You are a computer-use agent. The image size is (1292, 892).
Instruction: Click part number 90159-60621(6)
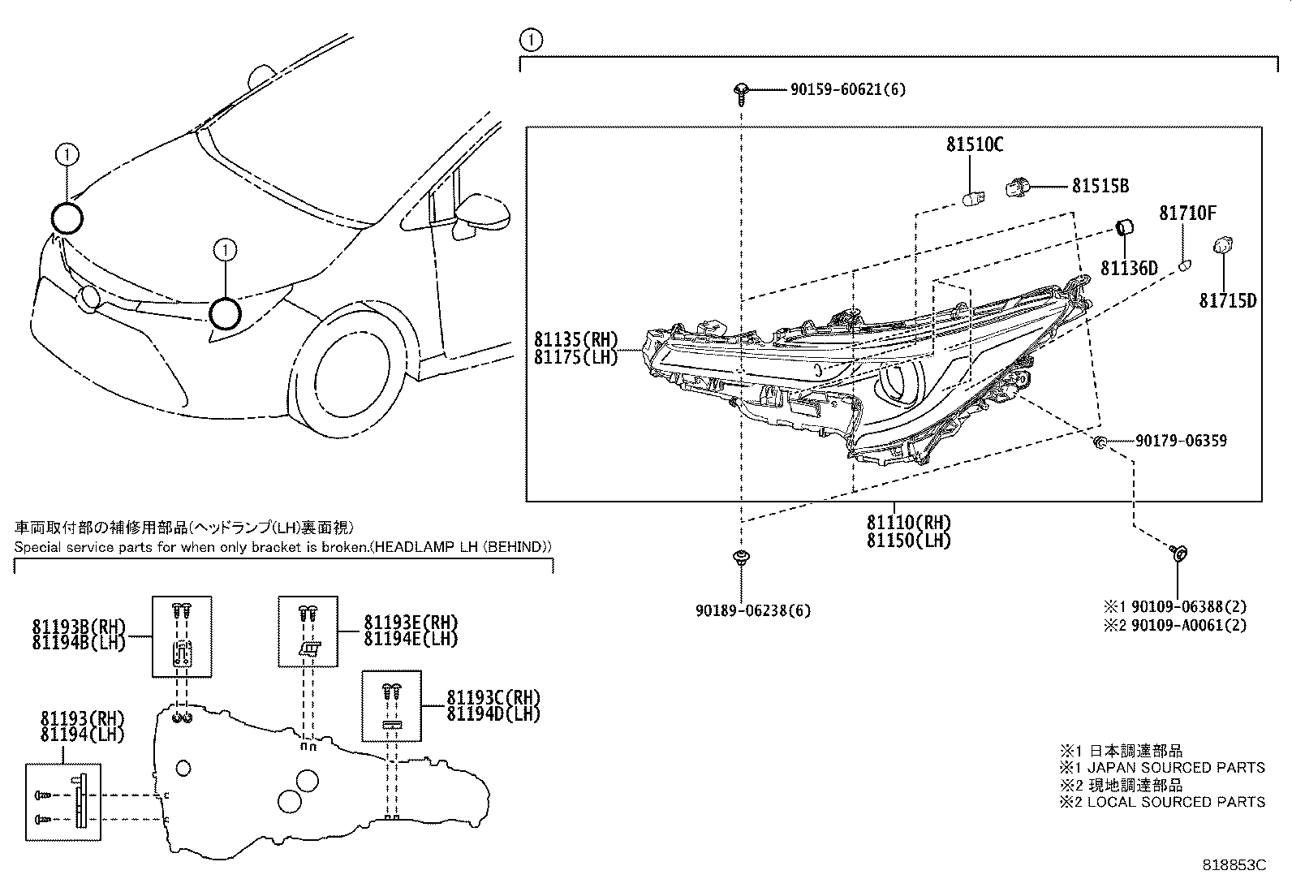click(x=847, y=89)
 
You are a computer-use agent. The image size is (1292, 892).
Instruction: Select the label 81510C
click(x=974, y=145)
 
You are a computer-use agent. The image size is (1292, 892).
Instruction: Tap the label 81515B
click(x=1100, y=186)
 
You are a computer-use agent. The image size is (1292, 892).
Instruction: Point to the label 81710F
click(x=1187, y=213)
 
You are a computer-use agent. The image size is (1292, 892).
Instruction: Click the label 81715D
click(x=1227, y=301)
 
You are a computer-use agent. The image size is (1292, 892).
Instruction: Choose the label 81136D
click(x=1128, y=268)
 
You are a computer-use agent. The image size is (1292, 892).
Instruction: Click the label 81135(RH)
click(x=575, y=339)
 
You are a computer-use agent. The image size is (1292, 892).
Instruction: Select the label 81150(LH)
click(x=908, y=540)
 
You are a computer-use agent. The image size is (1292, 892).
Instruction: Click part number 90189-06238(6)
click(x=752, y=610)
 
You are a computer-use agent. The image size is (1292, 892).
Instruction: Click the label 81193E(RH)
click(x=411, y=623)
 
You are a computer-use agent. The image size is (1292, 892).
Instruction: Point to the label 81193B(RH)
click(x=80, y=627)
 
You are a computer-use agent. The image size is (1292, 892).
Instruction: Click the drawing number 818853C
click(x=1234, y=865)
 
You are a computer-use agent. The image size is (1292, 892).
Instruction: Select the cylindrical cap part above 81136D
click(x=1125, y=226)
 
